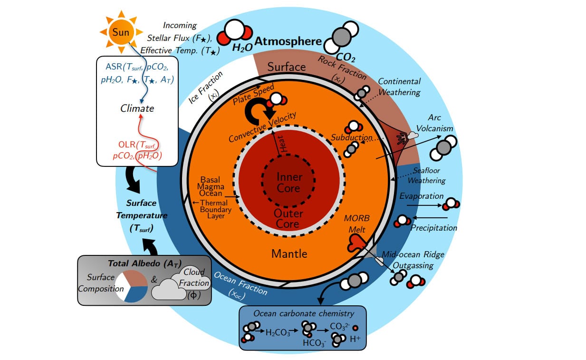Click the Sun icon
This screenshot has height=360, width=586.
click(x=119, y=32)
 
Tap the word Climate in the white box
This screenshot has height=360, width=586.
click(x=137, y=108)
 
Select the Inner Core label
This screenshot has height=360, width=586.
click(x=289, y=183)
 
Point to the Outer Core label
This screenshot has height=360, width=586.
click(x=286, y=218)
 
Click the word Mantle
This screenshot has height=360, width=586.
click(x=289, y=253)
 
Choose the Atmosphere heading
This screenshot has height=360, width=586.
click(x=288, y=41)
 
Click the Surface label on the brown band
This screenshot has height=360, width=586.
click(x=286, y=67)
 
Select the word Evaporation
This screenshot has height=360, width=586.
click(x=421, y=196)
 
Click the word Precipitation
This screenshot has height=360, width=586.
click(x=433, y=228)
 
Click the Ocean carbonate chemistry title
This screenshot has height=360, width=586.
click(x=303, y=313)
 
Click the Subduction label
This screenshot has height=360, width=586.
click(x=351, y=137)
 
